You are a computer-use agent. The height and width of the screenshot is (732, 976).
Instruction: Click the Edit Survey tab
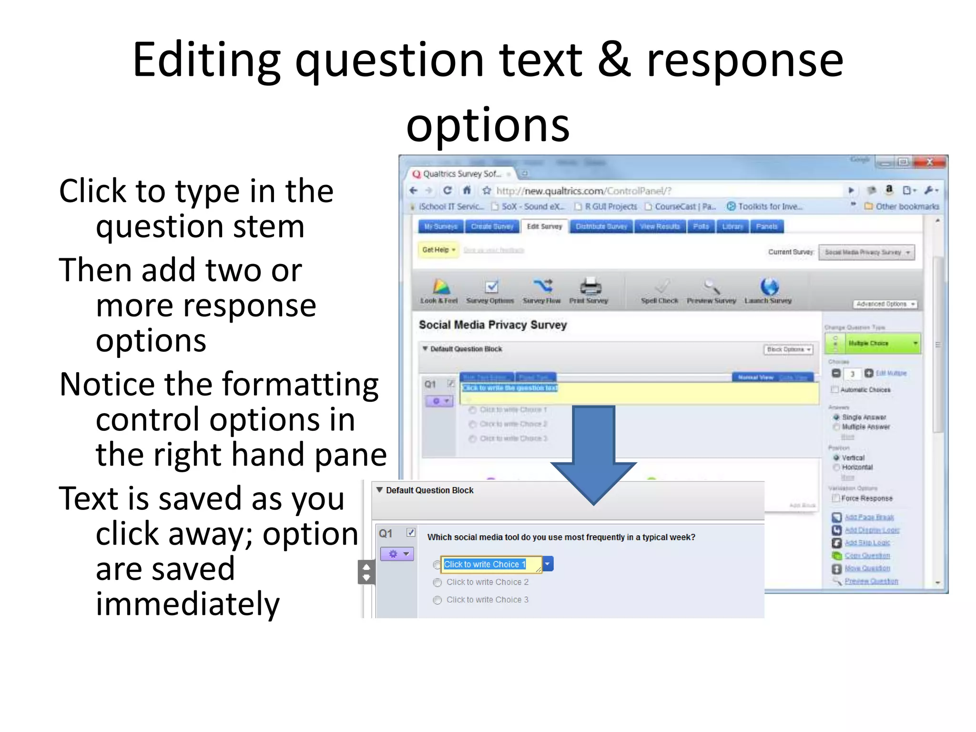pyautogui.click(x=544, y=226)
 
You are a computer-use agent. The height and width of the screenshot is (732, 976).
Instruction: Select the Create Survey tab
pyautogui.click(x=492, y=226)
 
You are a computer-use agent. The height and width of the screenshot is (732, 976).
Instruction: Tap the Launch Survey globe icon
pyautogui.click(x=769, y=287)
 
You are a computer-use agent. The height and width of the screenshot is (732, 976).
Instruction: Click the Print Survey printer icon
pyautogui.click(x=590, y=287)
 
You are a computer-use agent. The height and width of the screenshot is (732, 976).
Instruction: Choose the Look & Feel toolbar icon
pyautogui.click(x=440, y=287)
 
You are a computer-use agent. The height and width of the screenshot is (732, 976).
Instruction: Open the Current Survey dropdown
pyautogui.click(x=866, y=252)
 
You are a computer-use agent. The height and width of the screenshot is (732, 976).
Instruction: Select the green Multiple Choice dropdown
pyautogui.click(x=873, y=343)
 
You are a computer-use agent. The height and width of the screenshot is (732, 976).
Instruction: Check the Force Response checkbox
pyautogui.click(x=835, y=498)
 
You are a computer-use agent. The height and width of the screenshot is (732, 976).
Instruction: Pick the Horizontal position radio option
pyautogui.click(x=836, y=468)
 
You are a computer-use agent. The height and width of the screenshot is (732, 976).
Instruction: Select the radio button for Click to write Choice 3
pyautogui.click(x=437, y=600)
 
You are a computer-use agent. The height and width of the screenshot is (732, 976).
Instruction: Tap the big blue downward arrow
pyautogui.click(x=594, y=453)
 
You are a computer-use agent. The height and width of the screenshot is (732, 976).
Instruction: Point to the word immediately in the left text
pyautogui.click(x=188, y=604)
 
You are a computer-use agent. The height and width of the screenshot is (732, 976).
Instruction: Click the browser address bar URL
pyautogui.click(x=583, y=191)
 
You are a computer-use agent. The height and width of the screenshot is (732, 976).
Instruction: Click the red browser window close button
pyautogui.click(x=929, y=163)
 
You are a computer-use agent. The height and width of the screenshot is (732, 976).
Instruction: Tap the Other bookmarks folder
pyautogui.click(x=902, y=206)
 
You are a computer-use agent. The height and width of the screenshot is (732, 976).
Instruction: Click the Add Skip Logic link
pyautogui.click(x=867, y=543)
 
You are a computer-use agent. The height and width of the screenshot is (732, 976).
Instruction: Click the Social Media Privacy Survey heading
pyautogui.click(x=493, y=325)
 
